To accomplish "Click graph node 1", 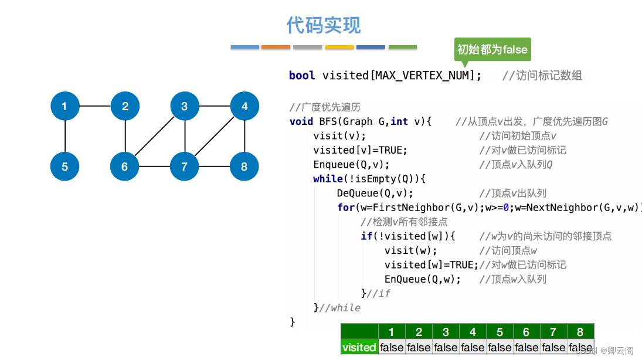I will [x=64, y=106].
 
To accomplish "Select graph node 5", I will [x=64, y=167].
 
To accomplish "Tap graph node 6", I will [x=124, y=167].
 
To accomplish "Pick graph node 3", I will [x=184, y=106].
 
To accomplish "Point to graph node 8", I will [x=244, y=167].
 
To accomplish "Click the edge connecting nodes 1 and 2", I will [x=94, y=106].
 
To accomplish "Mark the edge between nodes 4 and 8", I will [x=244, y=136].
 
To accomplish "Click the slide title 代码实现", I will [x=324, y=25].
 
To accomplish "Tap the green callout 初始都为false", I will [x=492, y=49].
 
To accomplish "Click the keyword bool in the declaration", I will [x=302, y=75].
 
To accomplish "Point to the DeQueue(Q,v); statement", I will [x=375, y=193].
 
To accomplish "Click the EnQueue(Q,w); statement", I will [x=422, y=279].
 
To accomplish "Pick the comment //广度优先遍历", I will [x=325, y=107].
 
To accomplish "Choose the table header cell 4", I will [x=473, y=332].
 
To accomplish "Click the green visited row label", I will [x=359, y=347].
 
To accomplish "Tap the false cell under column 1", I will [x=392, y=347].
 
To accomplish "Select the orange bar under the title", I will [x=276, y=47].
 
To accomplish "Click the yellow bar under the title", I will [x=339, y=47].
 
